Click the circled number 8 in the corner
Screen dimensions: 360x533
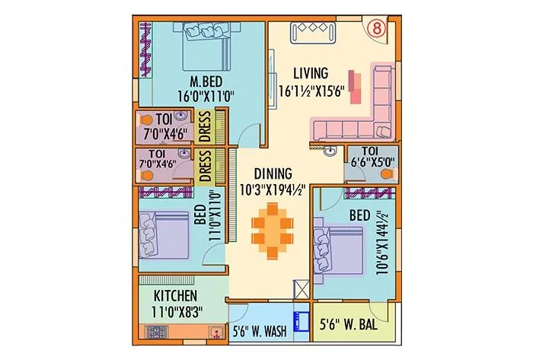pos(377,28)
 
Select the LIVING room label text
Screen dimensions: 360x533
pos(311,74)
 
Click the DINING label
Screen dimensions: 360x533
pos(270,174)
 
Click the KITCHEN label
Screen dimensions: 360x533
pos(176,295)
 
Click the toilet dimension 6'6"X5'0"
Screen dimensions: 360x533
pos(369,164)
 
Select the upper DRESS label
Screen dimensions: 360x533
pos(205,128)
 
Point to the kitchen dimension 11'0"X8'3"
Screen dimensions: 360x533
pos(176,311)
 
